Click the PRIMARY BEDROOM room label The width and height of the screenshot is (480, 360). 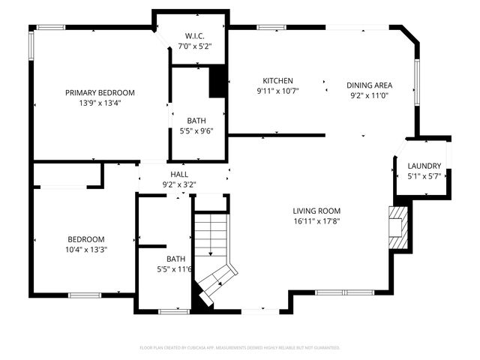click(x=100, y=93)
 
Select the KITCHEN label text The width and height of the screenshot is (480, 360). click(x=277, y=81)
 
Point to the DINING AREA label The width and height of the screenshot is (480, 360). click(x=369, y=85)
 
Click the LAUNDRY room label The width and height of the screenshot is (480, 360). click(x=424, y=166)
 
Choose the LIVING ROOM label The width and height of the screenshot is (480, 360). click(x=317, y=211)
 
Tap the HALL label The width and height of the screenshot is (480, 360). click(x=179, y=174)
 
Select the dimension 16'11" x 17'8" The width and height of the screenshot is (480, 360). click(x=317, y=221)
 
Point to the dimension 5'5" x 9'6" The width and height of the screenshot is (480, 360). click(x=198, y=130)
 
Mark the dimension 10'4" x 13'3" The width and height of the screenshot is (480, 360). click(x=86, y=250)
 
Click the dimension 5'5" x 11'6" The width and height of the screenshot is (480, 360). click(x=175, y=269)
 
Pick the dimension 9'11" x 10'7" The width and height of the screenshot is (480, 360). click(x=277, y=91)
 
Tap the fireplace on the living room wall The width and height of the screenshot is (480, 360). click(x=398, y=228)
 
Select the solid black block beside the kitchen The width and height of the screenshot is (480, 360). click(x=217, y=82)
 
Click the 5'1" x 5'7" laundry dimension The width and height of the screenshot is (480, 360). click(x=424, y=176)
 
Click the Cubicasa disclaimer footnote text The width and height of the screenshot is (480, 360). click(x=240, y=348)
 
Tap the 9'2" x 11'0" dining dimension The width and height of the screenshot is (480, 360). click(x=369, y=95)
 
